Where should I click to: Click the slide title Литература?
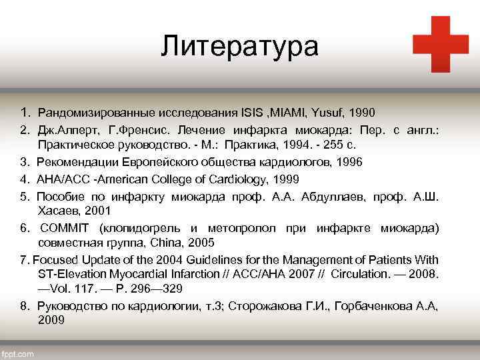tap(240, 47)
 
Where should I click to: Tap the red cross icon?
tap(440, 44)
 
